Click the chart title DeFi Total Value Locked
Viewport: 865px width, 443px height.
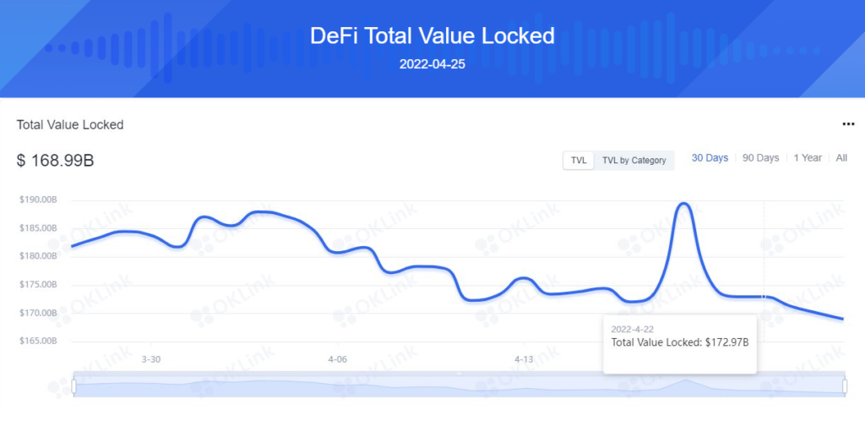pyautogui.click(x=432, y=36)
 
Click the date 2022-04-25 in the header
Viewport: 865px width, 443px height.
pyautogui.click(x=432, y=64)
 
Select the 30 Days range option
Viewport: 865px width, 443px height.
pyautogui.click(x=710, y=158)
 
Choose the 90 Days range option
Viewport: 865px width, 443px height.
pyautogui.click(x=760, y=158)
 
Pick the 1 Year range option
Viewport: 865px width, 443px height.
pyautogui.click(x=808, y=158)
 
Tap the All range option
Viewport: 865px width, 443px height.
pyautogui.click(x=841, y=158)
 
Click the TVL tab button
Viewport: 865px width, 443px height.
pyautogui.click(x=579, y=160)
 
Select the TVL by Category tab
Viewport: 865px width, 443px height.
pyautogui.click(x=634, y=160)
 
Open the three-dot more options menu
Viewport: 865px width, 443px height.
pyautogui.click(x=848, y=124)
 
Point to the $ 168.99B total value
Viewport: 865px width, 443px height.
pyautogui.click(x=55, y=160)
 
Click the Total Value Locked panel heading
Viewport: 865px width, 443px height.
pyautogui.click(x=70, y=124)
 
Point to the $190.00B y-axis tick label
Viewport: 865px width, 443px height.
pyautogui.click(x=38, y=200)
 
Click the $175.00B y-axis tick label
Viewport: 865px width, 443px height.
pyautogui.click(x=38, y=285)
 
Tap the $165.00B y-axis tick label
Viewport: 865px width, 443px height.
pyautogui.click(x=38, y=342)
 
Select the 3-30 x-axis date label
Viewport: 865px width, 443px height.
pyautogui.click(x=151, y=359)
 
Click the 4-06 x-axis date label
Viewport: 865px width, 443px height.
pyautogui.click(x=337, y=359)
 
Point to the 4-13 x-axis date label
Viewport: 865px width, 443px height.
pyautogui.click(x=524, y=359)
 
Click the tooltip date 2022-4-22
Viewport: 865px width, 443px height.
pyautogui.click(x=632, y=328)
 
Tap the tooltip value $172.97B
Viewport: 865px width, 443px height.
pyautogui.click(x=727, y=342)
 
